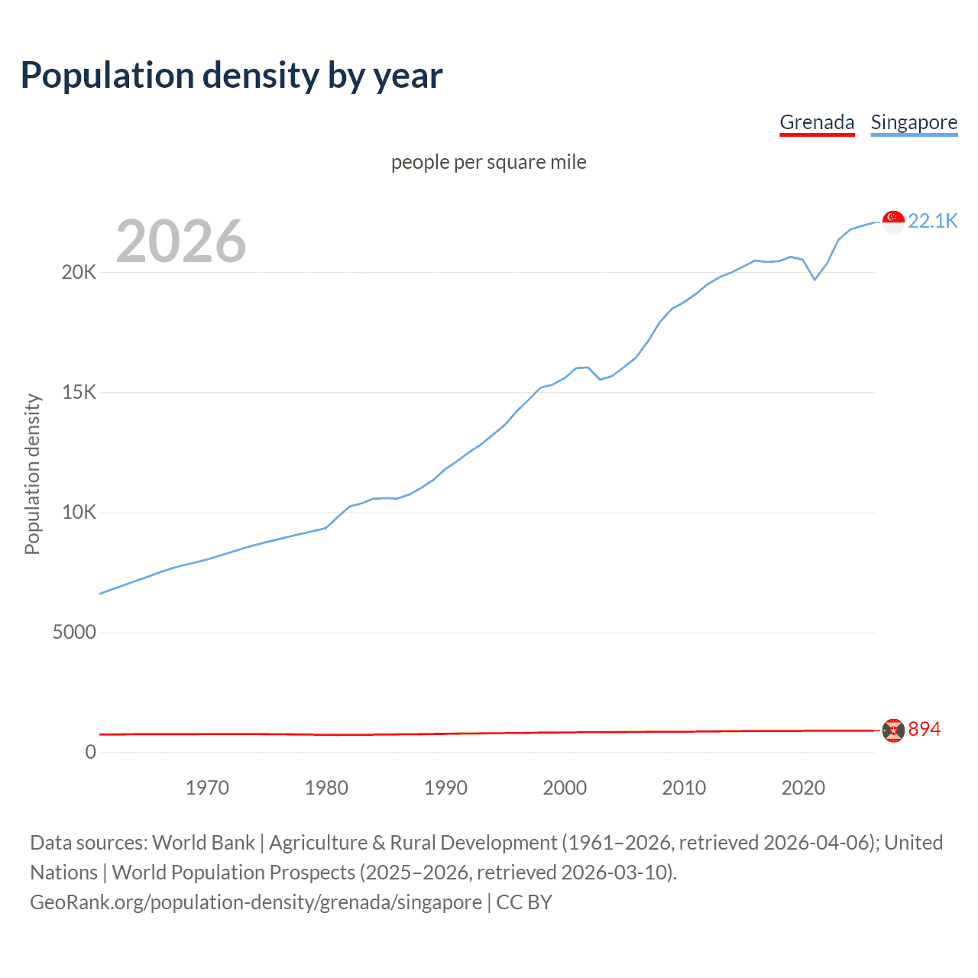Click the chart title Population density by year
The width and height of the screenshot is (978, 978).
coord(232,76)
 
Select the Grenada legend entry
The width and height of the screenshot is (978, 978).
coord(817,122)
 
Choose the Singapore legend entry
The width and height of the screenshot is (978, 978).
coord(914,122)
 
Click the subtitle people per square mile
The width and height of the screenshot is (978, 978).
coord(489,162)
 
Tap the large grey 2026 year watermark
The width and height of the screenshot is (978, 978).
coord(181,241)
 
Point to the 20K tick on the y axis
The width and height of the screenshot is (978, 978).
coord(79,273)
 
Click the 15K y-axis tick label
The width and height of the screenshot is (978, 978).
coord(79,393)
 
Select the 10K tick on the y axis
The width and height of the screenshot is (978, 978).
coord(79,513)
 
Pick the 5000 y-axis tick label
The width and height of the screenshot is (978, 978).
coord(74,633)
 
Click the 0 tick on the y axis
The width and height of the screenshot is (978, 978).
coord(91,753)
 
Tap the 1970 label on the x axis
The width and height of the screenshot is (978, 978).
coord(207,788)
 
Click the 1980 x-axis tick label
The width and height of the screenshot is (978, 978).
coord(326,788)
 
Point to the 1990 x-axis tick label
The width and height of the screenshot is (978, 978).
coord(445,788)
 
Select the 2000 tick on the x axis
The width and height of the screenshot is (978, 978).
coord(565,788)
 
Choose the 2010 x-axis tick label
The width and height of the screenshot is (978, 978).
coord(684,788)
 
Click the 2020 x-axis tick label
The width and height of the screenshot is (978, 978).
coord(803,788)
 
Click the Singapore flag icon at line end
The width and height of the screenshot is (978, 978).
coord(893,222)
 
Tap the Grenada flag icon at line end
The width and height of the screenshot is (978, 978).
coord(893,730)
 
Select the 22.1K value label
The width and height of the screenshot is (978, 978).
coord(932,221)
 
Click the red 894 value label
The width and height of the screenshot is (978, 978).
coord(924,730)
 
